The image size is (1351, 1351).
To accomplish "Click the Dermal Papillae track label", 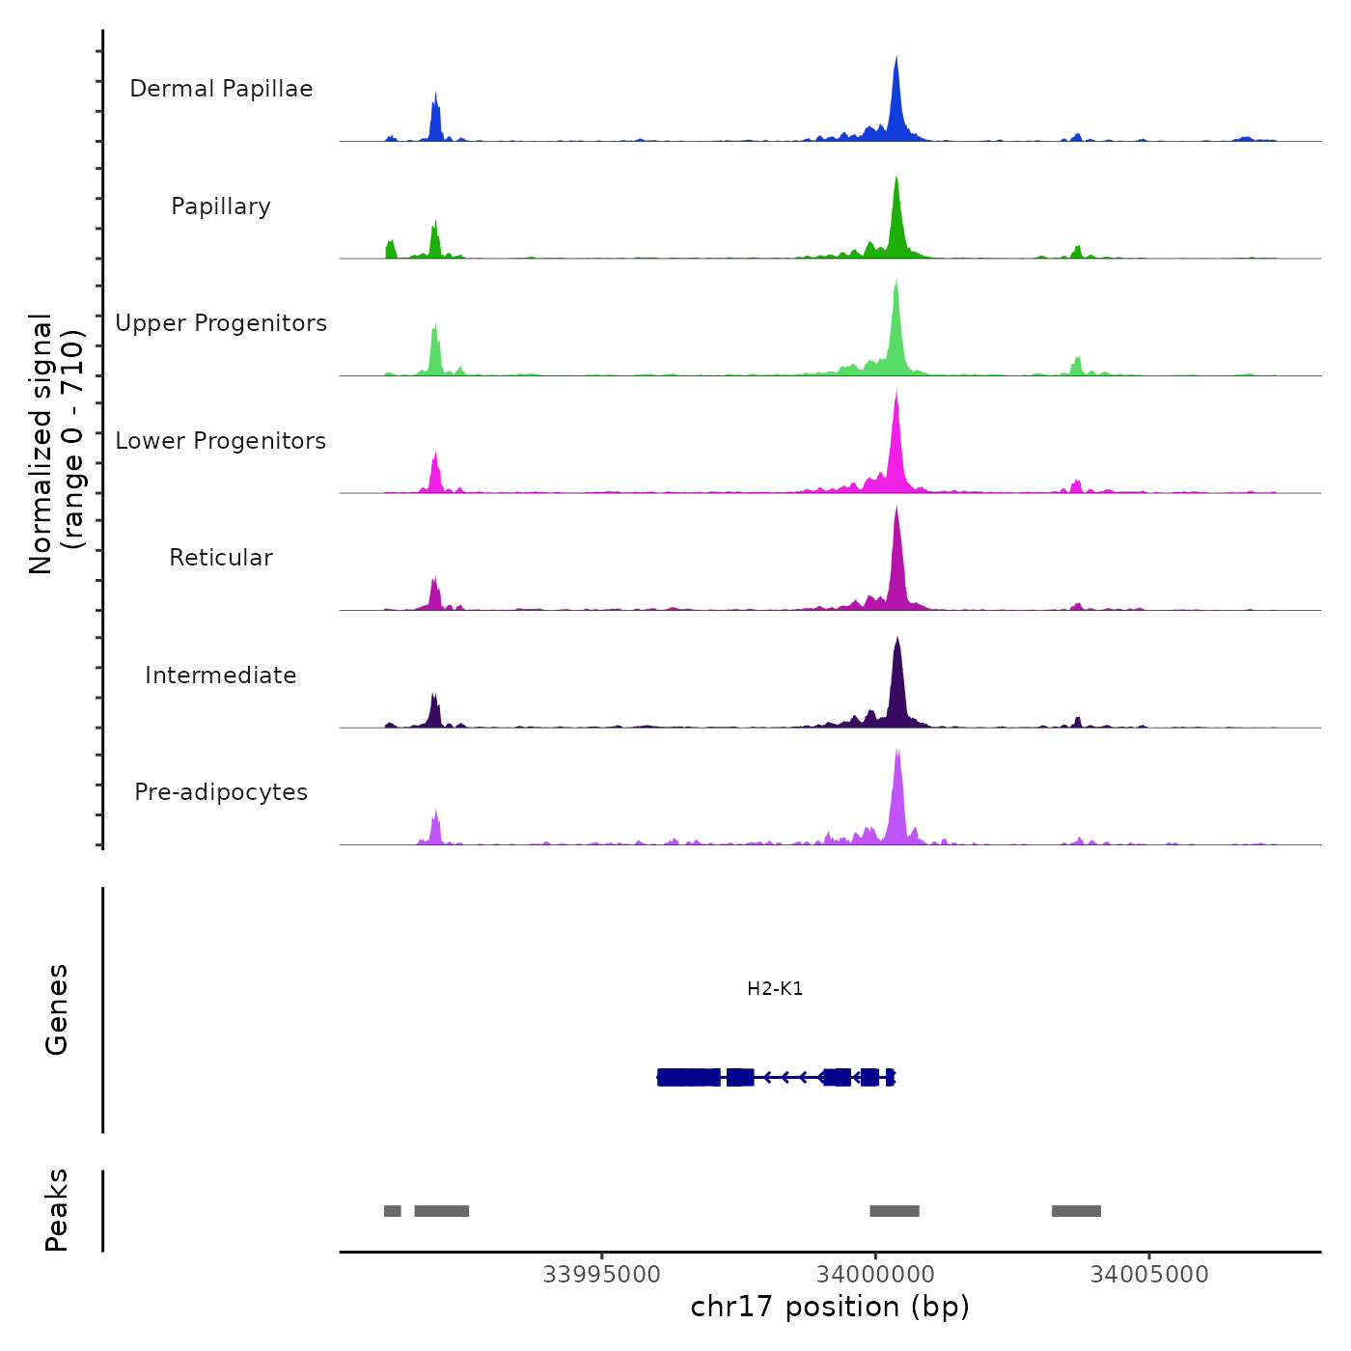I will coord(221,89).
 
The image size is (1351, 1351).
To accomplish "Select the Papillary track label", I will coord(221,207).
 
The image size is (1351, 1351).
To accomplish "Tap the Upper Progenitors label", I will coord(221,323).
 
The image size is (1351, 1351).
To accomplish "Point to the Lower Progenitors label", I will coord(221,441).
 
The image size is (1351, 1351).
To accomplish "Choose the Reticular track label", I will coord(221,558).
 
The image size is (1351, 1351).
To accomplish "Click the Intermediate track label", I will coord(221,675).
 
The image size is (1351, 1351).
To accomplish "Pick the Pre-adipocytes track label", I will coord(221,792).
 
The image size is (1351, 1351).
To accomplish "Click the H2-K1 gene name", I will coord(775,989).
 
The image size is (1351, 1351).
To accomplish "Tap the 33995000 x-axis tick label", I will coord(602,1275).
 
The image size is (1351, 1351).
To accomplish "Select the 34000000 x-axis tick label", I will coord(875,1275).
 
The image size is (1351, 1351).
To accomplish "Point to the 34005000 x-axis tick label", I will coord(1149,1275).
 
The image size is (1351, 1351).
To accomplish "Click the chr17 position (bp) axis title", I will coord(830,1308).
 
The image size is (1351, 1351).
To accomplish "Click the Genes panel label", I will coord(57,1009).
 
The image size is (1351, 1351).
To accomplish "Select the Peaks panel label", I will coord(57,1210).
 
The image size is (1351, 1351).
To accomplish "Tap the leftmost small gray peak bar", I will coord(392,1211).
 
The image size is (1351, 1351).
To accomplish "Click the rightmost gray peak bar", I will coord(1076,1211).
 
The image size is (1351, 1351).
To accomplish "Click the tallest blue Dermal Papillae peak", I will coord(896,96).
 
